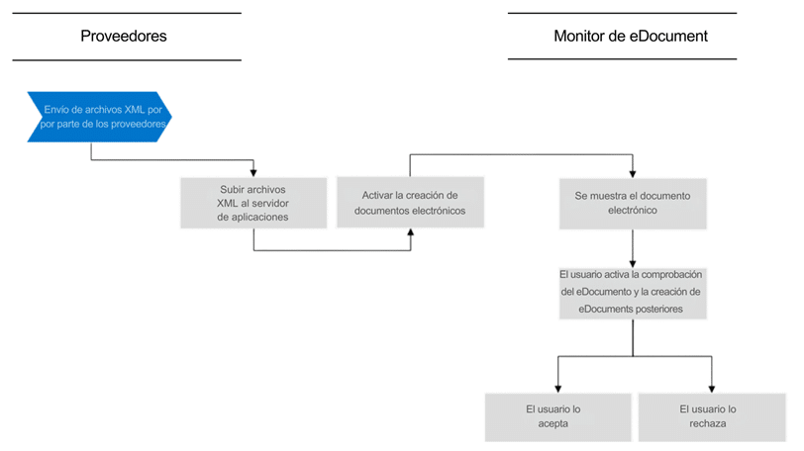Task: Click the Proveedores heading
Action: pos(124,37)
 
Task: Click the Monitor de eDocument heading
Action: pos(630,37)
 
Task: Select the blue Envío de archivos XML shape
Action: pos(99,117)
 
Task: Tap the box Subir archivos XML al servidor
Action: pos(253,203)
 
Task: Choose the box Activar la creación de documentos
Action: pos(410,202)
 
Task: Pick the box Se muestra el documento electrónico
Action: pos(633,203)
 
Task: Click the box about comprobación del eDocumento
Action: pos(633,294)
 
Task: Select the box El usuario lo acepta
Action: pos(557,416)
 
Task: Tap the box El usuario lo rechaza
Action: pos(712,416)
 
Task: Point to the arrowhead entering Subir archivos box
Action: pos(253,173)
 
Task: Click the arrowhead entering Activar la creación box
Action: pos(411,231)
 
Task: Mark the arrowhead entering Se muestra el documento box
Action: pos(633,174)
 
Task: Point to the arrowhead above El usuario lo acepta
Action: pos(557,389)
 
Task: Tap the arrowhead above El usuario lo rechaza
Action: pos(712,389)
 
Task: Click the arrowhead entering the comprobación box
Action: pos(633,264)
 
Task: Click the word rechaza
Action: pos(708,423)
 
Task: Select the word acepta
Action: pos(553,424)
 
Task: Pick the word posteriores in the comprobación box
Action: pos(657,309)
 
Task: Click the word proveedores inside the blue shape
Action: pos(139,124)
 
